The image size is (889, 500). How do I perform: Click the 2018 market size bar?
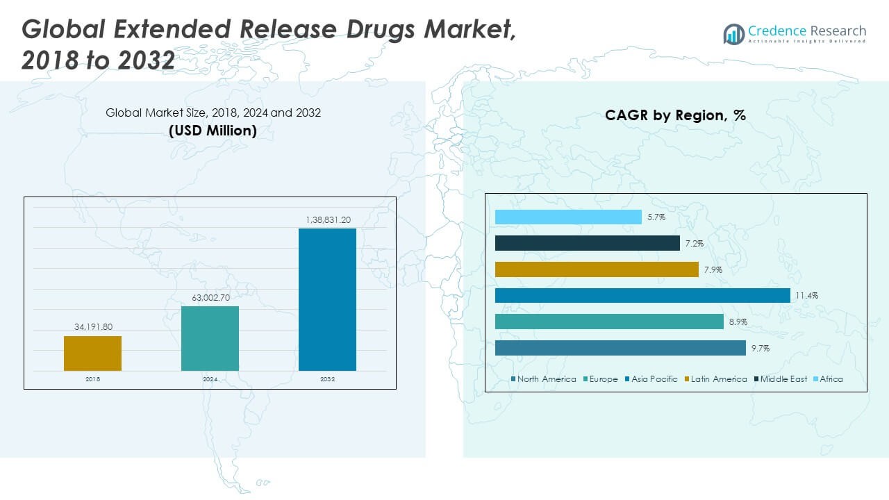92,353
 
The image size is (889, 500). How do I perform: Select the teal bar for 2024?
210,338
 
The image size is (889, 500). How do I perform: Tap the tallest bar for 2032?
327,299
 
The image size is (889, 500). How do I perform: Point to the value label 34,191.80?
92,326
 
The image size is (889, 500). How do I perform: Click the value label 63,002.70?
210,297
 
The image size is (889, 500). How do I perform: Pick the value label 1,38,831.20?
327,219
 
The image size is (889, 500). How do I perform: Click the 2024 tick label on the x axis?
210,379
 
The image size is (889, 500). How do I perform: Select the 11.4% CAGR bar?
642,296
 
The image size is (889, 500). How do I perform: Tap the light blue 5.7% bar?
568,217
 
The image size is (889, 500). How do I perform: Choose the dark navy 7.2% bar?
587,243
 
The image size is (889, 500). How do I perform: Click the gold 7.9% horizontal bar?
597,269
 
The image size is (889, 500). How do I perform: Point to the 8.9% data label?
738,322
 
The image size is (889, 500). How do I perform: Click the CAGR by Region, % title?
675,115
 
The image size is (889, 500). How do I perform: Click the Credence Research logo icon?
733,33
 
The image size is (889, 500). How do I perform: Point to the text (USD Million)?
213,130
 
